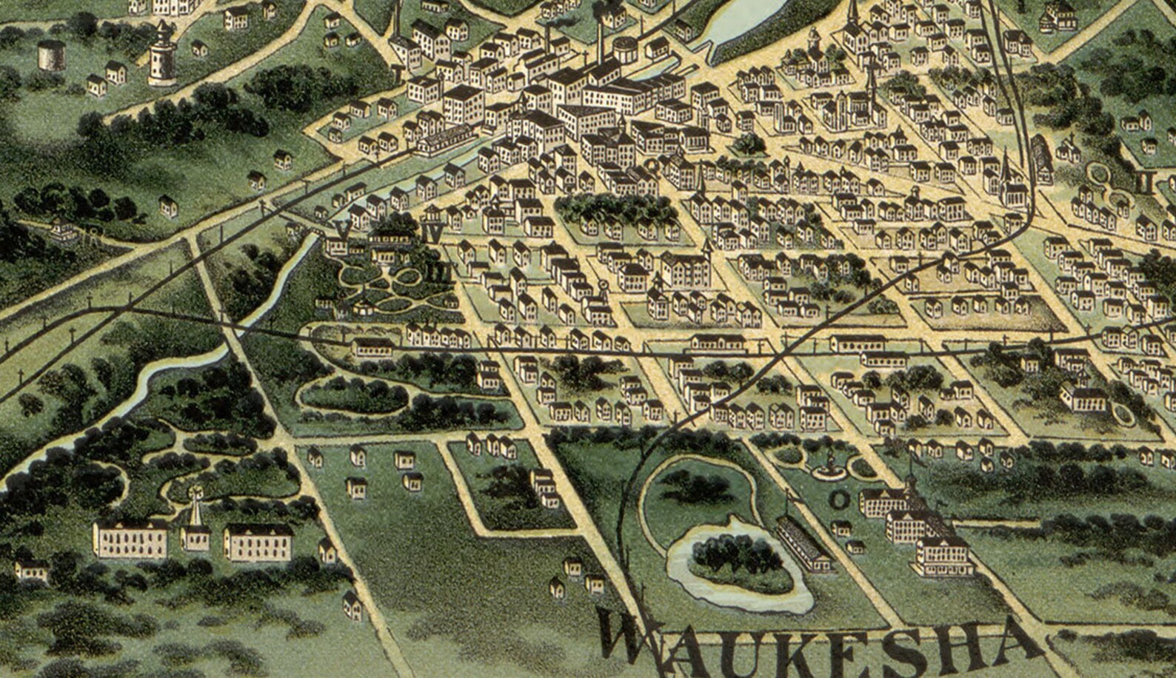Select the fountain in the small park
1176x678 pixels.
tap(829, 463)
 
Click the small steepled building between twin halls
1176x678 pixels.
tap(196, 529)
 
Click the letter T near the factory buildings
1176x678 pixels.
tap(399, 75)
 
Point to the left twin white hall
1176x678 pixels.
tap(130, 538)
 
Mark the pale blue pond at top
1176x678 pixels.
tap(737, 22)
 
